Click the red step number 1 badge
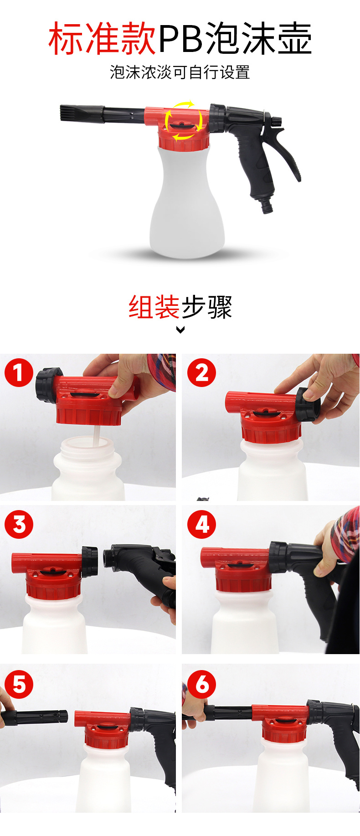(x=19, y=372)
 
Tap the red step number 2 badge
(x=201, y=372)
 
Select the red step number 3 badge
(x=19, y=524)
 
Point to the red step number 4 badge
(x=201, y=524)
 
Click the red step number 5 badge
(x=19, y=684)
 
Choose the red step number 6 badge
(x=201, y=684)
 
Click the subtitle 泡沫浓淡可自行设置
(x=180, y=72)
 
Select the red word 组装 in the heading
(x=154, y=307)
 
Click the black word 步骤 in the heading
(x=207, y=307)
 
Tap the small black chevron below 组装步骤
(x=180, y=330)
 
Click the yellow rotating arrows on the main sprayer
(x=184, y=120)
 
